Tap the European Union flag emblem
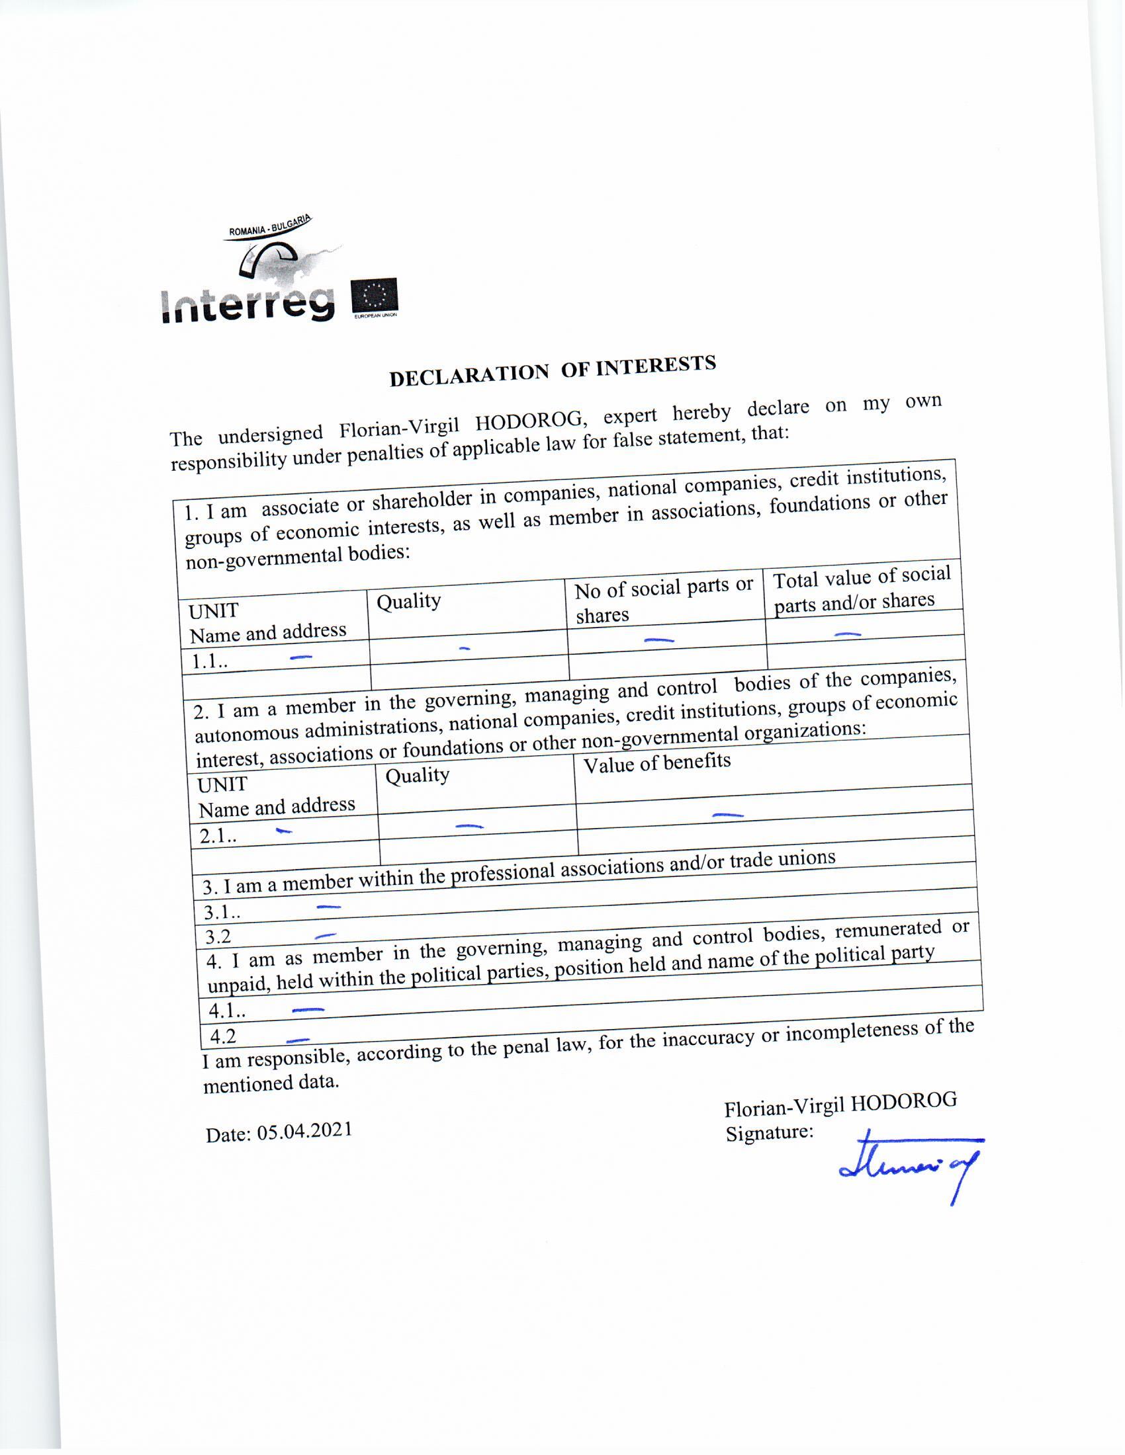pyautogui.click(x=375, y=294)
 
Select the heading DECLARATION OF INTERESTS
pyautogui.click(x=553, y=370)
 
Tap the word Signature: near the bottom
pyautogui.click(x=769, y=1133)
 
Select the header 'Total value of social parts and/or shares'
pyautogui.click(x=862, y=588)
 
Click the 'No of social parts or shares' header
pyautogui.click(x=663, y=600)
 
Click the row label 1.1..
pyautogui.click(x=209, y=661)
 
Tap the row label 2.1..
pyautogui.click(x=217, y=835)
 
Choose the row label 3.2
pyautogui.click(x=217, y=937)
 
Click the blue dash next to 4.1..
pyautogui.click(x=308, y=1010)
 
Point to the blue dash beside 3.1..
pyautogui.click(x=328, y=907)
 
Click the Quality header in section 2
pyautogui.click(x=417, y=775)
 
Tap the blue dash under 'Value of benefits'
pyautogui.click(x=728, y=814)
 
